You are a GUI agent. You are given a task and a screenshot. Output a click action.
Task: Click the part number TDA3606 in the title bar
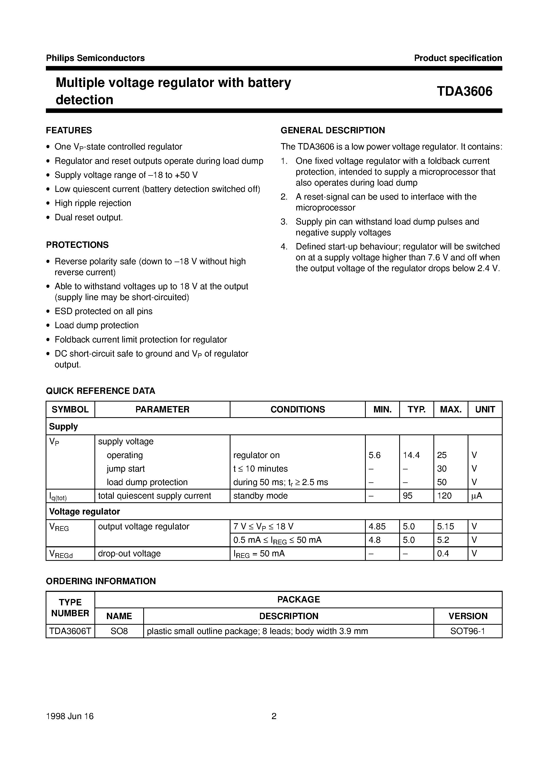(464, 91)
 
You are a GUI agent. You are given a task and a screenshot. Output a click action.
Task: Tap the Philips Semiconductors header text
(95, 58)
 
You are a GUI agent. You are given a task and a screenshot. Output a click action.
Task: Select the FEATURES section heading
(69, 130)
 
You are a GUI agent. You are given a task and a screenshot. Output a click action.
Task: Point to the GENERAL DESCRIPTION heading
(333, 130)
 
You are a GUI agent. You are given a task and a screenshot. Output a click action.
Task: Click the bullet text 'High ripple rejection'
(93, 203)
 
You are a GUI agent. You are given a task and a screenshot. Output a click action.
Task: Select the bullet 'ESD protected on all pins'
(103, 311)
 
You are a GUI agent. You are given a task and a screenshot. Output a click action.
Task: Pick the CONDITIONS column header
(297, 409)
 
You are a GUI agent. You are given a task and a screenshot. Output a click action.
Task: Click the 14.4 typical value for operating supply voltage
(411, 455)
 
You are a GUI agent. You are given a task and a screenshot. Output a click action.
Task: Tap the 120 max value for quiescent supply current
(444, 496)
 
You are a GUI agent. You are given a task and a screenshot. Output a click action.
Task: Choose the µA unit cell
(476, 496)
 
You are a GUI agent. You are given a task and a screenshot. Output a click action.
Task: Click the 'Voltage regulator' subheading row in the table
(84, 512)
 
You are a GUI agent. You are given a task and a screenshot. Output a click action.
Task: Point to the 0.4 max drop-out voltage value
(443, 554)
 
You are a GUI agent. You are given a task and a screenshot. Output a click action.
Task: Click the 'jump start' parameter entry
(126, 469)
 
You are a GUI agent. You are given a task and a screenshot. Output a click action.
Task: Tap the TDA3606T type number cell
(70, 631)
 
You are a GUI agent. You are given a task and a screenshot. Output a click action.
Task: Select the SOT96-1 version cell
(468, 631)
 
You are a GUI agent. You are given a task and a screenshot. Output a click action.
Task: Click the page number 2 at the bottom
(274, 716)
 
